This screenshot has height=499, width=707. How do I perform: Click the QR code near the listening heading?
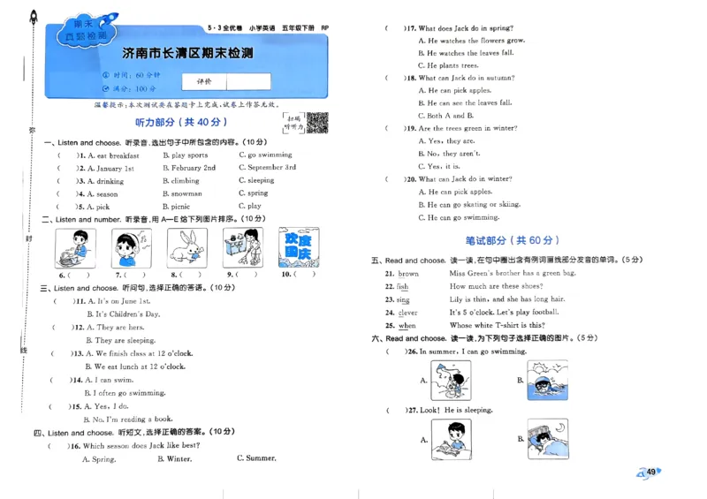[317, 123]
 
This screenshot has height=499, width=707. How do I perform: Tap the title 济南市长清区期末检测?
[187, 54]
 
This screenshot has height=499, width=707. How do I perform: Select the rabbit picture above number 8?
[186, 247]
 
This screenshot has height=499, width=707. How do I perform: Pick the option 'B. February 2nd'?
[188, 168]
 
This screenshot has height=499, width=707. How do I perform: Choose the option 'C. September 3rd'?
[267, 168]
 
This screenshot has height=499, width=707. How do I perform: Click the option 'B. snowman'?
[182, 193]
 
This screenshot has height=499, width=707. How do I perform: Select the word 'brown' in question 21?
[408, 274]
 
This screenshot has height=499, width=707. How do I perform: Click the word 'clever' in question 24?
[407, 313]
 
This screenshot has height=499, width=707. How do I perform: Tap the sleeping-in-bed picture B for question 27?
[548, 439]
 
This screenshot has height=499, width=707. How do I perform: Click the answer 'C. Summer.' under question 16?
[256, 458]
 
